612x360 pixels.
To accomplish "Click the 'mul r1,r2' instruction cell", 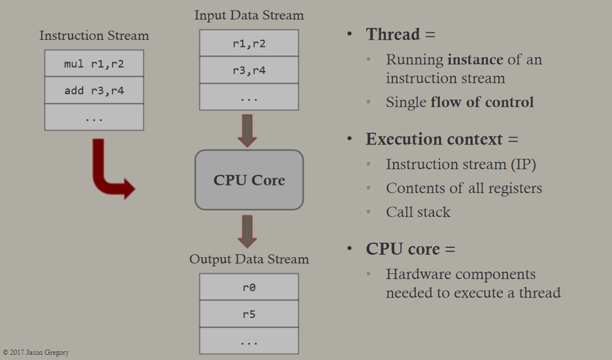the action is coord(94,63).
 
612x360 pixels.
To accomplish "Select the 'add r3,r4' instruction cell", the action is coord(94,90).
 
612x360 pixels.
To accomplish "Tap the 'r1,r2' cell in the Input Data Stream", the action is coord(249,43).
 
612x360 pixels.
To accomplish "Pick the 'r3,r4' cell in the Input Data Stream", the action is coord(249,70).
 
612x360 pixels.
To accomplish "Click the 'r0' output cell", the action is coord(249,287).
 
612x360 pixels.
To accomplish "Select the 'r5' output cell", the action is coord(249,314).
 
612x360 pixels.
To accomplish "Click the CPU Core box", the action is coord(249,180).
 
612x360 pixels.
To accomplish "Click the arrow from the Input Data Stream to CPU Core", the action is coord(247,131).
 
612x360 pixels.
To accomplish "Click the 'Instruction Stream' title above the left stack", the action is coord(94,35).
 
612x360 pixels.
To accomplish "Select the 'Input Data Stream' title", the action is coord(249,15).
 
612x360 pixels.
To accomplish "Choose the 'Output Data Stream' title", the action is coord(249,259).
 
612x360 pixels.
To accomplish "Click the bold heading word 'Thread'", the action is coord(392,34).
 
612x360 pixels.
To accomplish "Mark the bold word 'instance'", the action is coord(475,60).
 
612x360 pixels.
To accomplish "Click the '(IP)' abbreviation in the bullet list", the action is coord(524,164).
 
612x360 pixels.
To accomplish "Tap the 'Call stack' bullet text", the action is coord(418,212).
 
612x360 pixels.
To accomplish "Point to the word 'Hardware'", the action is coord(418,274).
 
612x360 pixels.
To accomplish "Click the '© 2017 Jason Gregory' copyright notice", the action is coord(36,352).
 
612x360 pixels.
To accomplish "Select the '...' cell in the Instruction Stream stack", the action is coord(94,117).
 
